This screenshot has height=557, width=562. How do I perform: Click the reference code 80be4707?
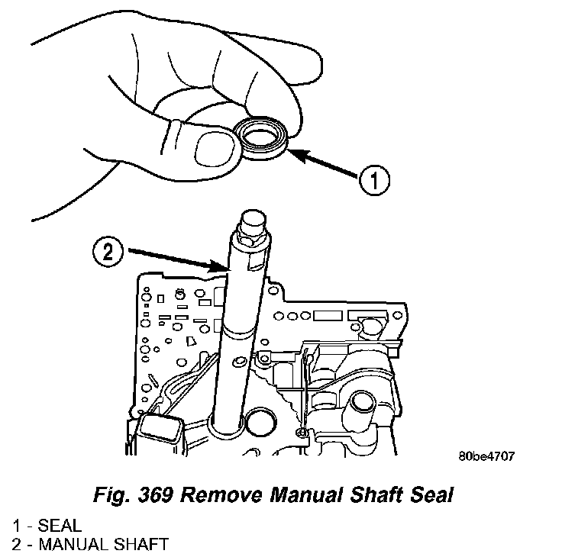tap(487, 456)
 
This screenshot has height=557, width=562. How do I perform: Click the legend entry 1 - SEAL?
tap(47, 526)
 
